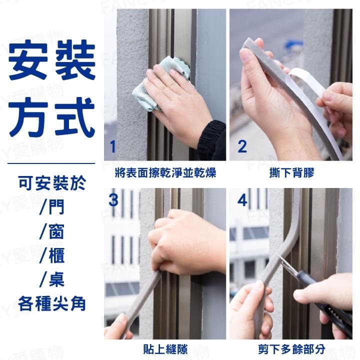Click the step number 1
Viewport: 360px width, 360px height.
point(112,146)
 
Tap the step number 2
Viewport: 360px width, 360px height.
point(242,146)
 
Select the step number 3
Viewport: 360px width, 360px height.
point(113,200)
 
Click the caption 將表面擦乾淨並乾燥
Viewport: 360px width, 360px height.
point(165,173)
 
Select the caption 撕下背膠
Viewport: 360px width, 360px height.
point(291,173)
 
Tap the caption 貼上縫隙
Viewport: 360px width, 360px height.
point(165,348)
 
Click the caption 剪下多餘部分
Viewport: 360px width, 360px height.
point(291,348)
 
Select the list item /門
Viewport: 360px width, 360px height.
point(52,207)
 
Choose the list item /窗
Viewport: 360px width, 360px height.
point(52,231)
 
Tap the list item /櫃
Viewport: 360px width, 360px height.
point(52,255)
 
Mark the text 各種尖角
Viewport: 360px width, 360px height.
point(52,303)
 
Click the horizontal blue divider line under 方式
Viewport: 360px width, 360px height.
point(52,163)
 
